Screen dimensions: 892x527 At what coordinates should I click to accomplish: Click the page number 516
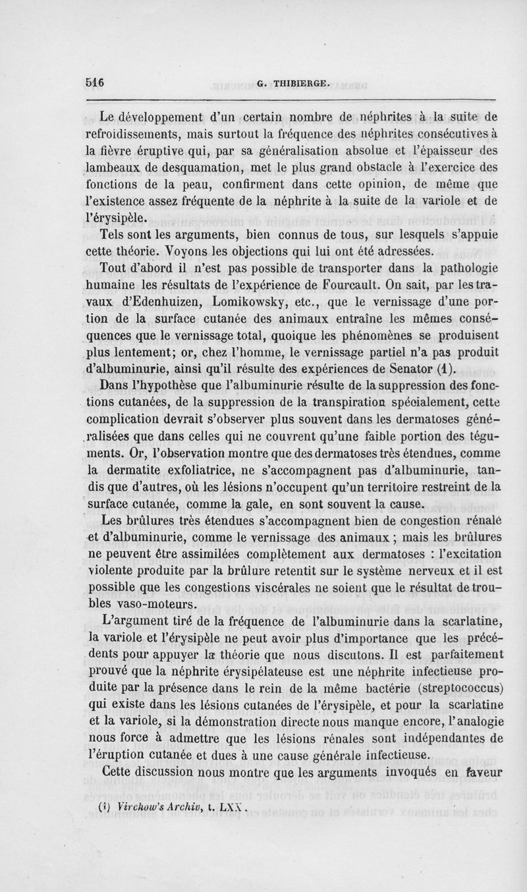[x=96, y=83]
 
